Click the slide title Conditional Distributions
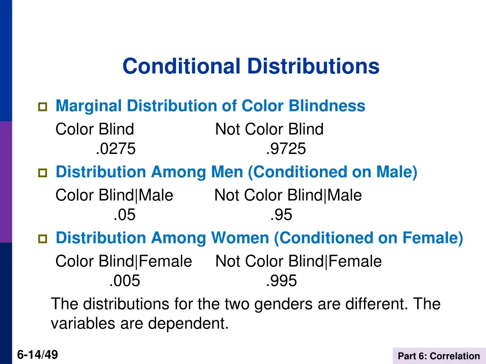click(x=251, y=66)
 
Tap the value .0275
click(x=115, y=149)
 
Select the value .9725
click(x=286, y=149)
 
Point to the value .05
click(x=124, y=215)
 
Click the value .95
click(x=281, y=215)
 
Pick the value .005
click(x=124, y=281)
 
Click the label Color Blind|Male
click(x=114, y=195)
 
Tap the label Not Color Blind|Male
click(x=288, y=195)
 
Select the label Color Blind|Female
click(x=124, y=261)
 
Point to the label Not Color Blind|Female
click(x=299, y=261)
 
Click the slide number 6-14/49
click(x=37, y=355)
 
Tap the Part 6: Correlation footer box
click(x=439, y=356)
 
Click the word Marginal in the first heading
click(x=88, y=106)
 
